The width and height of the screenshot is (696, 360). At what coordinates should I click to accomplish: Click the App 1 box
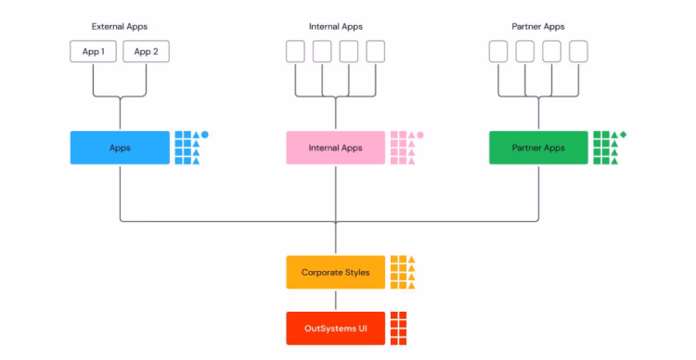click(x=93, y=51)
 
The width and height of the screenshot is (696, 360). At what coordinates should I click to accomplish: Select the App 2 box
click(x=147, y=51)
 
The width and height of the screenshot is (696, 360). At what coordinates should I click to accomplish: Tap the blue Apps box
click(x=120, y=148)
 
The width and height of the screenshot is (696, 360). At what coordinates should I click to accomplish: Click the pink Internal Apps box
click(x=336, y=148)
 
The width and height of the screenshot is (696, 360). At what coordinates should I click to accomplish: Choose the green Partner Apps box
click(x=538, y=148)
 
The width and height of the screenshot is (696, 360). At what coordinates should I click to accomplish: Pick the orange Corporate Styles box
click(x=336, y=273)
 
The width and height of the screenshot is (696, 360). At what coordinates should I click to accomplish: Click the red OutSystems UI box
click(x=336, y=328)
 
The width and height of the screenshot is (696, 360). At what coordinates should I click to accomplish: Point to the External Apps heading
click(x=120, y=26)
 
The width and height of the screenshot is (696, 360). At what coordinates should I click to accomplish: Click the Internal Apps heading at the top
click(x=336, y=26)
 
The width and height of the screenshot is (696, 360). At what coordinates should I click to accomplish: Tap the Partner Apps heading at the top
click(x=538, y=26)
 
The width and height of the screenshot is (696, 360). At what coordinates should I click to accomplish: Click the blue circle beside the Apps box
click(x=205, y=135)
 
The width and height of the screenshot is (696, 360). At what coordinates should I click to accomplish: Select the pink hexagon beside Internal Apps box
click(x=420, y=135)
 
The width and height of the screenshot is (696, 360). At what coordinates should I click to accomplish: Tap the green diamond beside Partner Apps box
click(x=624, y=135)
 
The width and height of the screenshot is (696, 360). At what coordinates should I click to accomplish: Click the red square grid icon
click(x=399, y=328)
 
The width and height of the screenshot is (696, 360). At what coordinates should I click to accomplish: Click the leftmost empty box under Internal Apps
click(x=295, y=51)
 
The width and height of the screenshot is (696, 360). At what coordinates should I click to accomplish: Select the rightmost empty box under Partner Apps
click(x=579, y=51)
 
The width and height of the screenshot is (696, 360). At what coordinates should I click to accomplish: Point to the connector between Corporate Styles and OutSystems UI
click(x=336, y=301)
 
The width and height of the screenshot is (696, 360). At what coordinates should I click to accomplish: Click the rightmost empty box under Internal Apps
click(x=376, y=51)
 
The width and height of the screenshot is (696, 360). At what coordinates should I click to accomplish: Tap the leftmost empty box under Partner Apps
click(x=498, y=51)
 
